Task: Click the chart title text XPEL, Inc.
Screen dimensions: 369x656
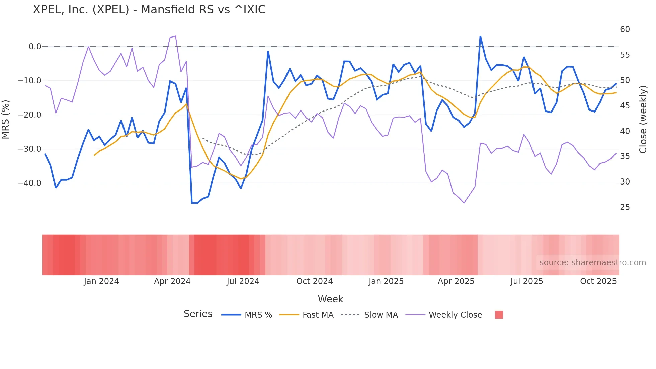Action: [x=149, y=10]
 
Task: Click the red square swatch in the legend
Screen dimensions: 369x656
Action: [x=499, y=315]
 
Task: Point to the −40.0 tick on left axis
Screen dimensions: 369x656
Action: [x=29, y=183]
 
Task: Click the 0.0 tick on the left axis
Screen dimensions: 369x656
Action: [x=35, y=47]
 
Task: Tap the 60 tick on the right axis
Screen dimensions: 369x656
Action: [x=625, y=29]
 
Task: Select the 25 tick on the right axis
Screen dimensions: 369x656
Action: [x=625, y=207]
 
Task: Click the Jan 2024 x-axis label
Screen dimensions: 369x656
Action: [x=101, y=281]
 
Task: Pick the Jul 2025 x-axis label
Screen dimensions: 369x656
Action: [x=526, y=281]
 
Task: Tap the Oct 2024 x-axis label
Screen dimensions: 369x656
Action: [x=314, y=281]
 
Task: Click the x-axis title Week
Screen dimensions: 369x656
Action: [x=330, y=299]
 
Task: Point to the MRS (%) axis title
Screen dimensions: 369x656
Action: [x=6, y=120]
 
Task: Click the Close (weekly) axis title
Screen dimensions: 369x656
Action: [x=643, y=120]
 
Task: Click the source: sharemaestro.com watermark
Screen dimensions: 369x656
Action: [x=592, y=263]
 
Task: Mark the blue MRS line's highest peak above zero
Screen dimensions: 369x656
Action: [x=480, y=36]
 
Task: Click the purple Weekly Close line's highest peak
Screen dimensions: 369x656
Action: [x=175, y=36]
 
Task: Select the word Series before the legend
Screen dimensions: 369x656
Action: [x=198, y=314]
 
